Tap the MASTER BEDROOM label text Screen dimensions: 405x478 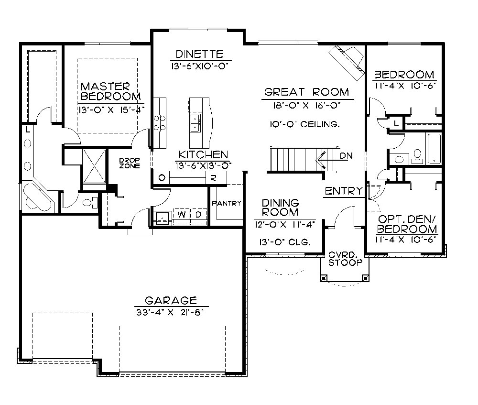pos(105,91)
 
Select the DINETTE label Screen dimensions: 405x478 pos(197,54)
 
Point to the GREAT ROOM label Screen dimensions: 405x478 pos(307,92)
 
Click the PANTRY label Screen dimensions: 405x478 pos(227,203)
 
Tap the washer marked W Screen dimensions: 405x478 pos(182,215)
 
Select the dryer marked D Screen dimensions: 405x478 pos(198,215)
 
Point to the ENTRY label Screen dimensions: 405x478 pos(343,191)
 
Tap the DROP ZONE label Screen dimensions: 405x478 pos(130,163)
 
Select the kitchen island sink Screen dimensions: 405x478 pos(196,123)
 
